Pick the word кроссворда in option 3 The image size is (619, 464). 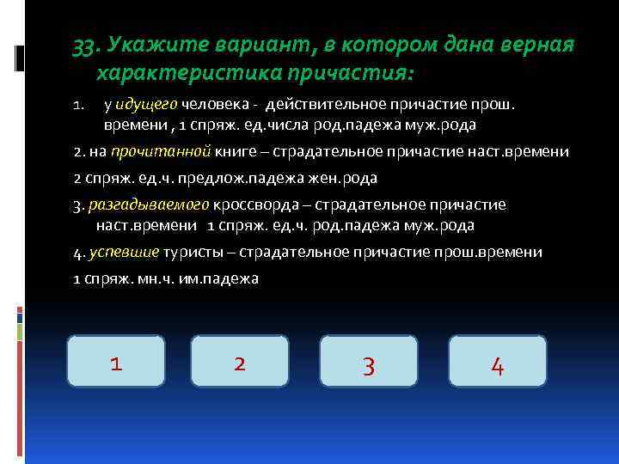pyautogui.click(x=248, y=205)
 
